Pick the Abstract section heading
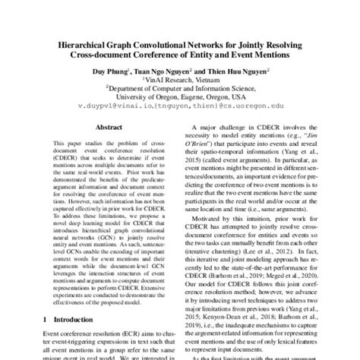click(103, 130)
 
